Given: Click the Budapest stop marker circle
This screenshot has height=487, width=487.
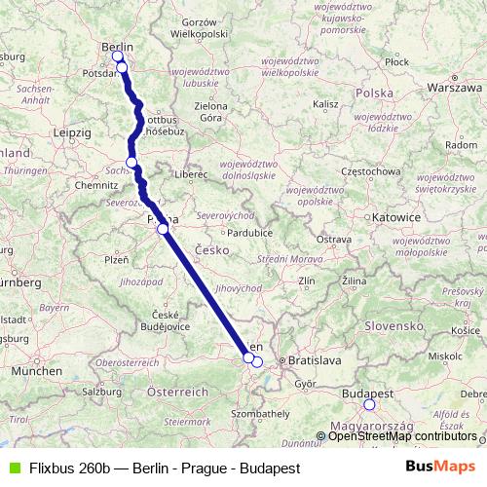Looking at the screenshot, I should coord(369,404).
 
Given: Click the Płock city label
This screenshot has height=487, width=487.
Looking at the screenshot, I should coord(396,61).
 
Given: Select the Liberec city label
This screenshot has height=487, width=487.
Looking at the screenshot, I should coord(193,174).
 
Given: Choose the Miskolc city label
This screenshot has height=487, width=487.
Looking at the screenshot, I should coord(443,356).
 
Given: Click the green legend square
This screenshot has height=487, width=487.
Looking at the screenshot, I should coord(13,468).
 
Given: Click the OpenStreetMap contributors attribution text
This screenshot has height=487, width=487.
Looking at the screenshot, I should coord(402,435).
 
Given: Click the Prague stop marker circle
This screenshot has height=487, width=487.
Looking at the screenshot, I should coord(163,230).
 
